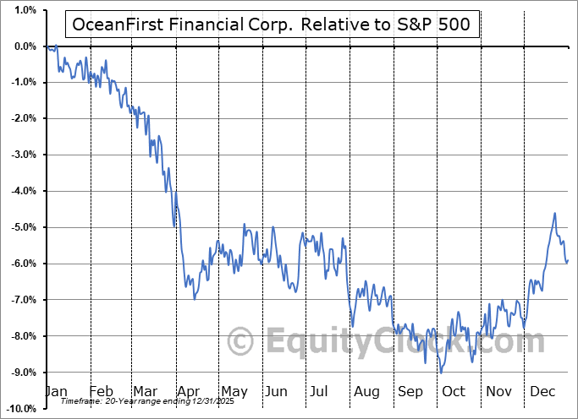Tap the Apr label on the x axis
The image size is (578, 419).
pos(190,392)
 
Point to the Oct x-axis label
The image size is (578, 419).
pos(454,392)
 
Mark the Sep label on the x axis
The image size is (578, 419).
pos(410,392)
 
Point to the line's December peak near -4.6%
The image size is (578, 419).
pos(554,213)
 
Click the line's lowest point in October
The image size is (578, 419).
pos(441,372)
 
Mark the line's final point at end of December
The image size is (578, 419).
pos(567,259)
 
